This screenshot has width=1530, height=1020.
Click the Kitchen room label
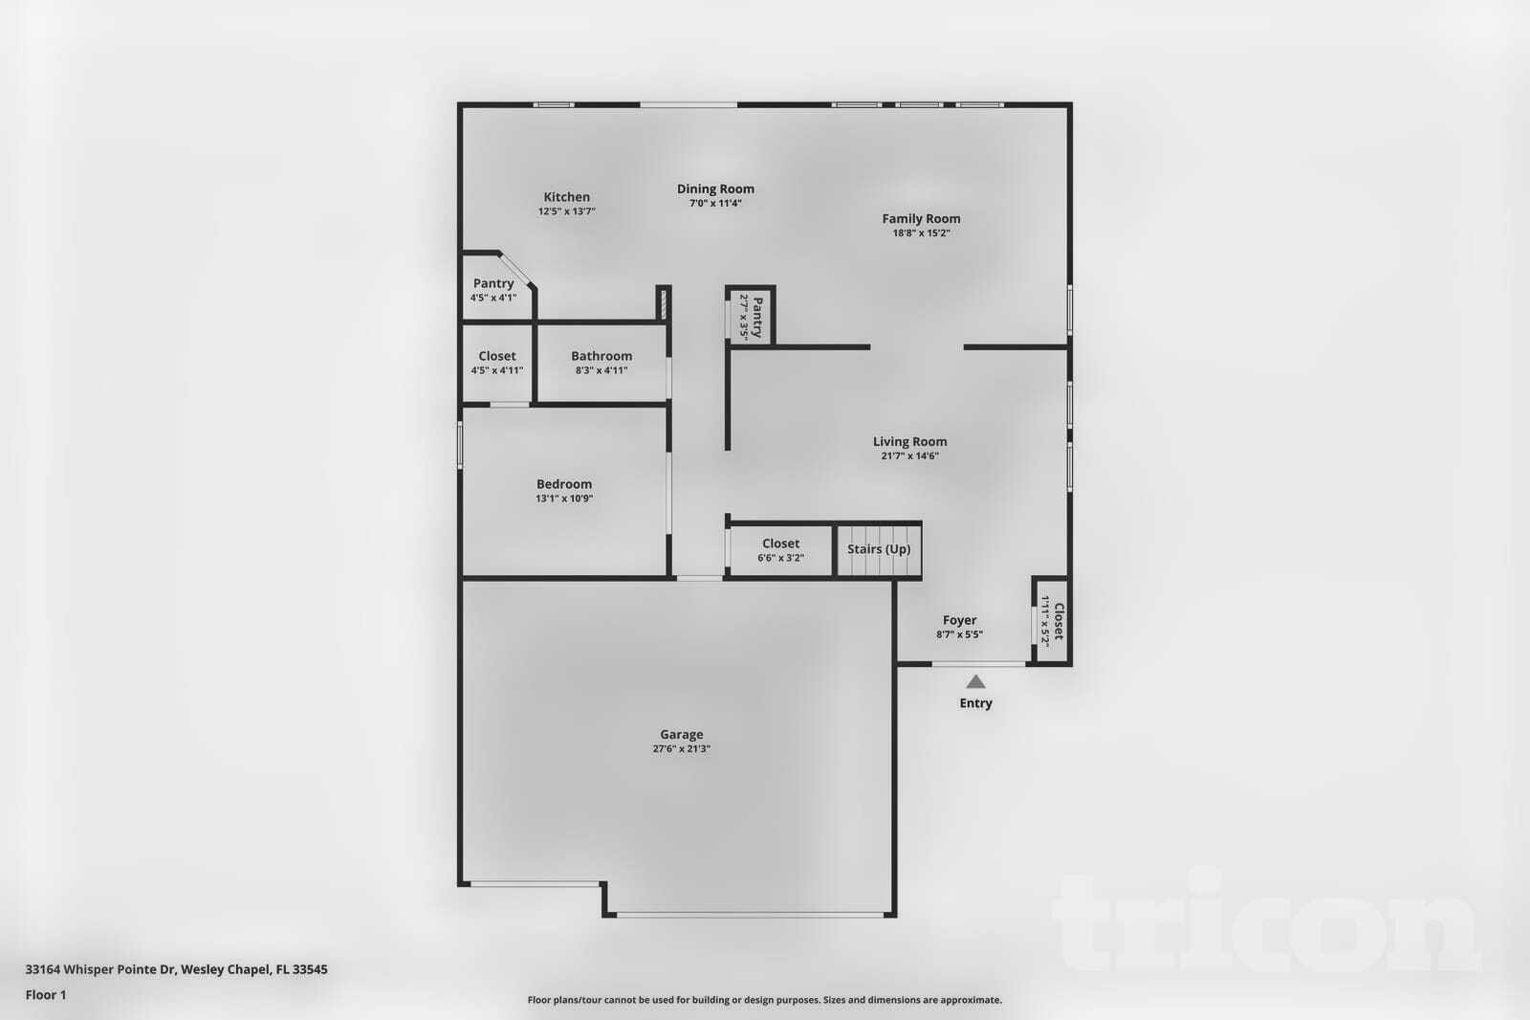(x=567, y=197)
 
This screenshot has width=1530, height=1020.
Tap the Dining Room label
(x=715, y=189)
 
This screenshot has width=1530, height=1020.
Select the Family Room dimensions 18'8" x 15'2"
(x=921, y=233)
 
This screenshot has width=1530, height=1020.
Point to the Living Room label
(x=909, y=442)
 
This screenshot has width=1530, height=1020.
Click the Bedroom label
(x=564, y=484)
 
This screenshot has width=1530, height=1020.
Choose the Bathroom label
(x=601, y=356)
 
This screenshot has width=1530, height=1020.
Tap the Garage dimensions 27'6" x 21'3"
(x=681, y=749)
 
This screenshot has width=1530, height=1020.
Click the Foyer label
(x=959, y=620)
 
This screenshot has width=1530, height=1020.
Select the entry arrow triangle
(x=975, y=682)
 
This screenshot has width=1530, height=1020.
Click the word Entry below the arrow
(x=975, y=703)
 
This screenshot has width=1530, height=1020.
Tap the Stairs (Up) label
(x=878, y=549)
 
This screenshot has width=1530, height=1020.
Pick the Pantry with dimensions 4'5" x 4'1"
(x=493, y=284)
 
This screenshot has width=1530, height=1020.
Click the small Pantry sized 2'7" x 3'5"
(x=752, y=317)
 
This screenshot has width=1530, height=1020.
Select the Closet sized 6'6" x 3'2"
(x=780, y=544)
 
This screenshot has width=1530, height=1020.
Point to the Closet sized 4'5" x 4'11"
(x=497, y=357)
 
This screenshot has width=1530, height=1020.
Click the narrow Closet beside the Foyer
(x=1053, y=622)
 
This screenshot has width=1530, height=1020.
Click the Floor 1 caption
(x=46, y=995)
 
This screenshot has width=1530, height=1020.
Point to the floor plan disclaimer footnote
(x=764, y=1000)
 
